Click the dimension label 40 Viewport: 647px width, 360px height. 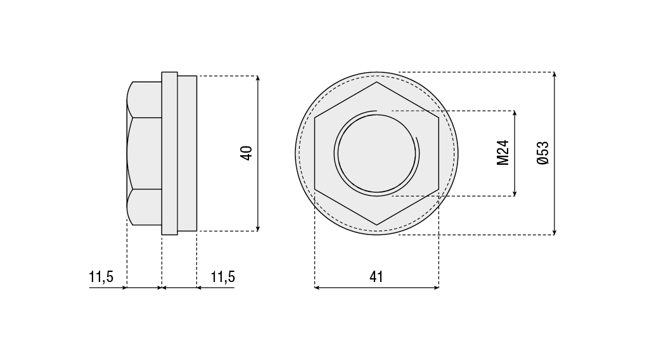click(x=247, y=153)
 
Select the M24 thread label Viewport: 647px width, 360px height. click(x=503, y=153)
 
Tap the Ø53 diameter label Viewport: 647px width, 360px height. click(x=543, y=153)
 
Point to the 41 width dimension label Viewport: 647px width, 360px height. click(x=376, y=276)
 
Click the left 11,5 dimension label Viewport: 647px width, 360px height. click(x=101, y=276)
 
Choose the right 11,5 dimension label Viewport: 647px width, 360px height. click(x=223, y=276)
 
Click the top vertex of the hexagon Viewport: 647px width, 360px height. click(x=376, y=82)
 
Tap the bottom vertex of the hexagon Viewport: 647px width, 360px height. click(x=376, y=225)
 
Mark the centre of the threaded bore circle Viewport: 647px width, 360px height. click(x=376, y=153)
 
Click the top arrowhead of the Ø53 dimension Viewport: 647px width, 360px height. click(x=554, y=74)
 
